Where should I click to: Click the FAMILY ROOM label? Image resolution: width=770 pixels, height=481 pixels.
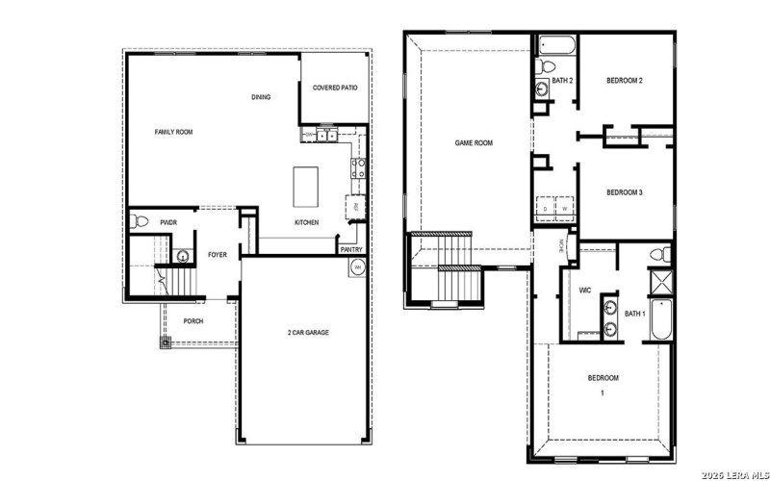(174, 132)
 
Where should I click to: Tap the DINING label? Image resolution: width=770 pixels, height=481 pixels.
(261, 97)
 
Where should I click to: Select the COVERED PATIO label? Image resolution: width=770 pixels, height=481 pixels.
(335, 88)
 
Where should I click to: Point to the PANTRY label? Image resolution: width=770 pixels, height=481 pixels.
(351, 250)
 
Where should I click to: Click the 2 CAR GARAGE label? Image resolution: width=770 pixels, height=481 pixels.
(308, 332)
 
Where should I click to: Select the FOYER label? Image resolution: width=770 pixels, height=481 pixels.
(218, 255)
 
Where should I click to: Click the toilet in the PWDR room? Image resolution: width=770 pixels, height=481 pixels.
(141, 222)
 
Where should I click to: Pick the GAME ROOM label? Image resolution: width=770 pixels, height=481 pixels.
(474, 142)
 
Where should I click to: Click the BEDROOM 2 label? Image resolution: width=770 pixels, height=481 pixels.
(624, 80)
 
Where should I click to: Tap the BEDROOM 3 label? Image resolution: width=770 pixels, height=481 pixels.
(624, 192)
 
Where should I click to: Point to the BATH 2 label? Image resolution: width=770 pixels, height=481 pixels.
(563, 80)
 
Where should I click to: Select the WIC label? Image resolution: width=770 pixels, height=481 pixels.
(585, 290)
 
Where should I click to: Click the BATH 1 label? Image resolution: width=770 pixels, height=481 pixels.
(634, 314)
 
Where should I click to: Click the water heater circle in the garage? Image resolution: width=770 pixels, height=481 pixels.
(357, 266)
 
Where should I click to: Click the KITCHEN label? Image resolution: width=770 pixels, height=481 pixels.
(306, 222)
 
